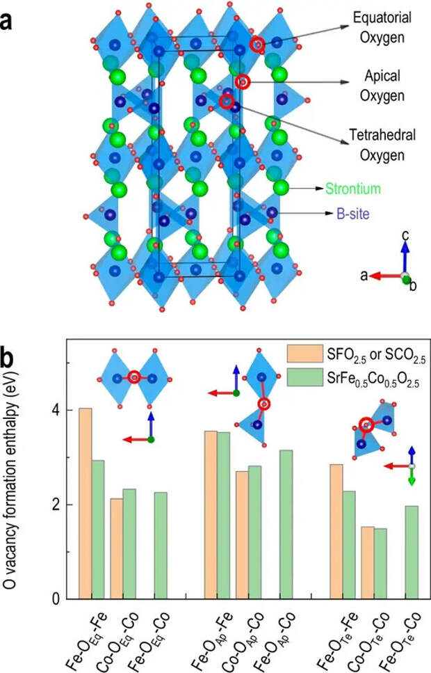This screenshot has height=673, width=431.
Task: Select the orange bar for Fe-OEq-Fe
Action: [86, 503]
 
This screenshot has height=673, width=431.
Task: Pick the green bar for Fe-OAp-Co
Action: [285, 524]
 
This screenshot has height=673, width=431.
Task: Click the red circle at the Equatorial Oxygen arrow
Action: [257, 44]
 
